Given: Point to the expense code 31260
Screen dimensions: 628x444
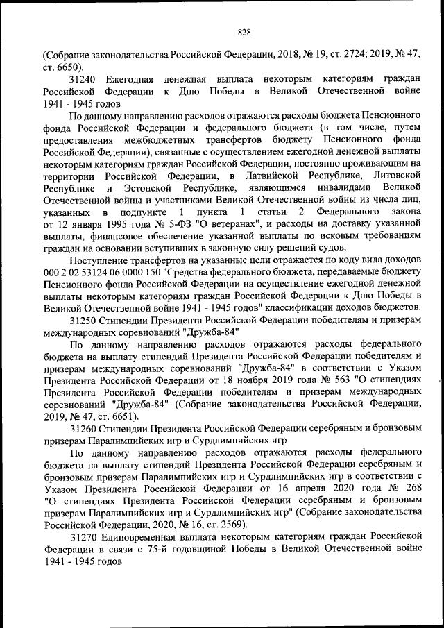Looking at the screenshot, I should pos(84,429).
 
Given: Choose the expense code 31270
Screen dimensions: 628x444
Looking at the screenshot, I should pos(84,538).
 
